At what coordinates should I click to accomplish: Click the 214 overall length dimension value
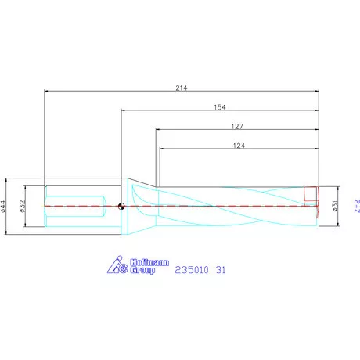pos(182,88)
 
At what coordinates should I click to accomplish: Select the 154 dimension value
pos(220,107)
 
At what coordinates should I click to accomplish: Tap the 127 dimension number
pos(237,126)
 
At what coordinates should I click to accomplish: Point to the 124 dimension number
pos(239,146)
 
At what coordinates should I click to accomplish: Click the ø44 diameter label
pos(3,207)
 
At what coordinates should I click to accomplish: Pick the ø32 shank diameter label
pos(23,207)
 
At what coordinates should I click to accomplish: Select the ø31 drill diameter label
pos(335,206)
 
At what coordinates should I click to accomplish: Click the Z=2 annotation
pos(357,206)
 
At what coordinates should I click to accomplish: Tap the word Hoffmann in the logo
pos(149,262)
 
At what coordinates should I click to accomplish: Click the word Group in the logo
pos(142,270)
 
